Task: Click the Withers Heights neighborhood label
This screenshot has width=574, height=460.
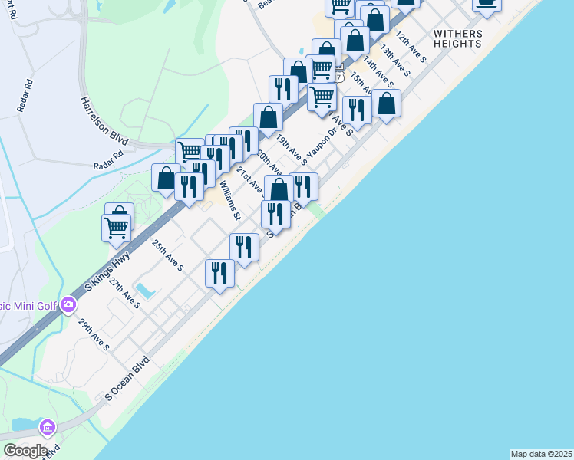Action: (458, 38)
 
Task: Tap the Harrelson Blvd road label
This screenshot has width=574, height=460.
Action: (103, 120)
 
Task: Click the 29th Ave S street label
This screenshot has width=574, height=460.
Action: (94, 335)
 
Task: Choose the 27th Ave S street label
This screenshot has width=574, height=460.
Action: (124, 294)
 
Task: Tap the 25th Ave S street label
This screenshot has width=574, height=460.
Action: (167, 255)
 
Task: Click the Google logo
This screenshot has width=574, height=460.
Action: (25, 451)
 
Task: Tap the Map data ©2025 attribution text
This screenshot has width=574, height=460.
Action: (541, 454)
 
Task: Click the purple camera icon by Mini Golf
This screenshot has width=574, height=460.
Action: (68, 306)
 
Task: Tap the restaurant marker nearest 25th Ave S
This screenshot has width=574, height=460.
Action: (220, 273)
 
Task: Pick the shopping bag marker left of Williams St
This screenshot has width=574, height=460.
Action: (166, 179)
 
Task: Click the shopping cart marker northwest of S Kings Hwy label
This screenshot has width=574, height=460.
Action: (116, 228)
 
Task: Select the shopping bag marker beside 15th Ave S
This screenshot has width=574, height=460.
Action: (387, 104)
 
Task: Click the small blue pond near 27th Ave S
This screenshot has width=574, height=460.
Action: (143, 291)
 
